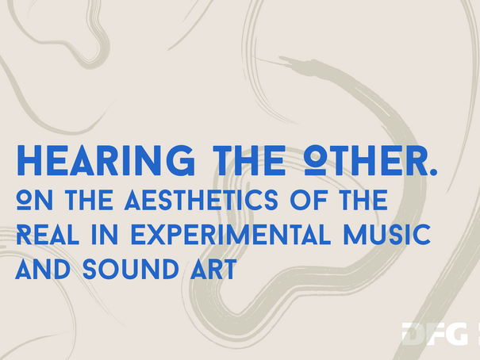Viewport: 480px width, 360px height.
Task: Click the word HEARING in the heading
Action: [x=106, y=160]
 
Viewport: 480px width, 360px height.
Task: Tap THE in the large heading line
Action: [x=249, y=160]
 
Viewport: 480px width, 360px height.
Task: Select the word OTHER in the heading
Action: [x=366, y=160]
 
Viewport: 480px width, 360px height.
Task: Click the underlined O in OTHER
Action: [x=315, y=160]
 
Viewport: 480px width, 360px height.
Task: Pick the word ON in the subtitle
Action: [x=35, y=200]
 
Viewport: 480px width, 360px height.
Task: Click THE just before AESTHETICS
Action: [x=89, y=200]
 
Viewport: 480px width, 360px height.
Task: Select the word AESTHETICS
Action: [x=202, y=200]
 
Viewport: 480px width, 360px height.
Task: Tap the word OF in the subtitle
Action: [x=309, y=200]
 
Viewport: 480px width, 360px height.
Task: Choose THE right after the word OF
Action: [x=363, y=200]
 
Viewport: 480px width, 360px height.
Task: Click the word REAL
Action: [x=48, y=234]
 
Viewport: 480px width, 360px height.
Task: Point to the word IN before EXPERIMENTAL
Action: [x=105, y=234]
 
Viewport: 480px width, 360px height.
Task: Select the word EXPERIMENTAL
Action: [x=231, y=234]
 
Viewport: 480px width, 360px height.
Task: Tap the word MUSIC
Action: [x=387, y=234]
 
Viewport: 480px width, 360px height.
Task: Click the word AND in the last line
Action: [x=43, y=269]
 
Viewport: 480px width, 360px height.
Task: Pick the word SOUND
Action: [x=131, y=269]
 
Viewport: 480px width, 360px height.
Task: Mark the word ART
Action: [x=213, y=269]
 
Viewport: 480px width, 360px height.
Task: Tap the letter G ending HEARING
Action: [x=181, y=160]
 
